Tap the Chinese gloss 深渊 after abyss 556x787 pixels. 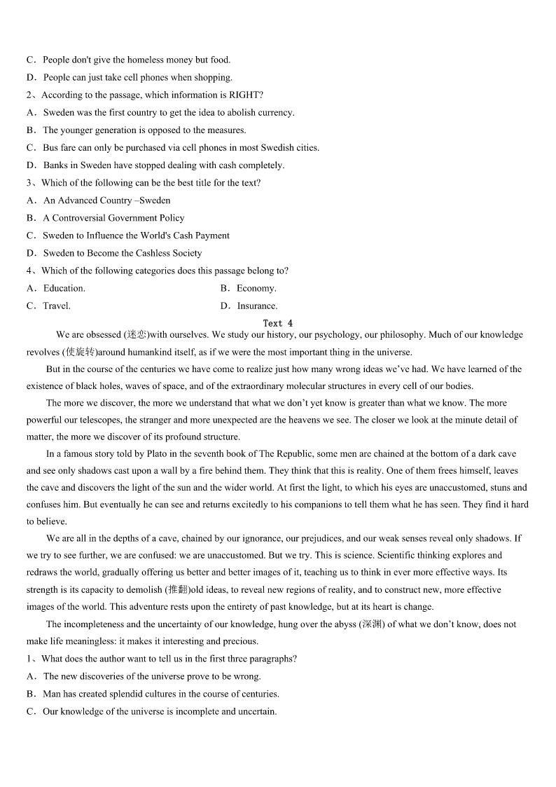(x=370, y=624)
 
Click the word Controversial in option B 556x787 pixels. (x=79, y=218)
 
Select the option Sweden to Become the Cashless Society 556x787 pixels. (x=122, y=253)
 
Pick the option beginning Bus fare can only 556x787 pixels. (x=181, y=148)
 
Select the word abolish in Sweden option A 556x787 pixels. (x=200, y=112)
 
